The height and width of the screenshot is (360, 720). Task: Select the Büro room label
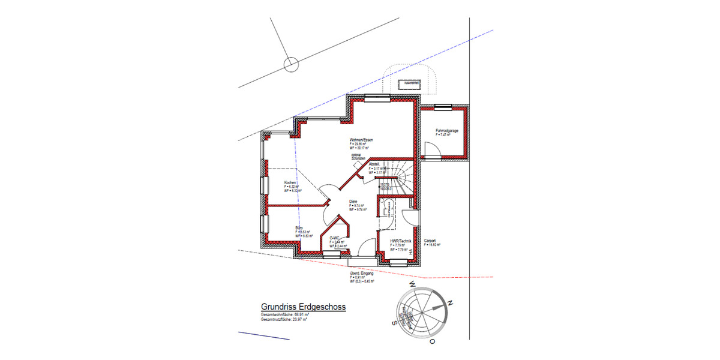[x=299, y=229]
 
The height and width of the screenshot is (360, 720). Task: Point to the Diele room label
[x=353, y=202]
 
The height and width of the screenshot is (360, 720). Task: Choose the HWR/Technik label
[x=400, y=241]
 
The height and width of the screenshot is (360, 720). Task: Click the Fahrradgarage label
[x=447, y=131]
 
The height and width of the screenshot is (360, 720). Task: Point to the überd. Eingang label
[x=362, y=274]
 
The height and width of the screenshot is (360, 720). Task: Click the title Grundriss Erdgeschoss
[x=303, y=306]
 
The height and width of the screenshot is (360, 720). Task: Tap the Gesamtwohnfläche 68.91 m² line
[x=285, y=314]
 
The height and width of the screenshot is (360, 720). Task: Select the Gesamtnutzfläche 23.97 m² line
[x=284, y=320]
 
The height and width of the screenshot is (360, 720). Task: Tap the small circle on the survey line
[x=291, y=64]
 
